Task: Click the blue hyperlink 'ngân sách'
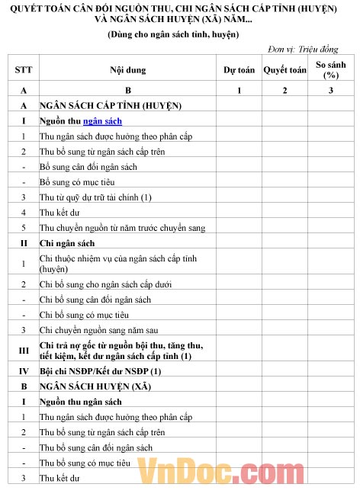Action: [x=102, y=121]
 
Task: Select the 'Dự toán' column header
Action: [x=239, y=70]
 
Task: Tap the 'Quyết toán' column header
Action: [x=284, y=70]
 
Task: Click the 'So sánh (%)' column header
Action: [x=330, y=70]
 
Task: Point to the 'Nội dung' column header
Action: [x=127, y=70]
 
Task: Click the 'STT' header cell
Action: [x=24, y=70]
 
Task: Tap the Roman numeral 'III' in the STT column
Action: [x=24, y=350]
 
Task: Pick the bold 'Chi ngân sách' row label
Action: [x=67, y=243]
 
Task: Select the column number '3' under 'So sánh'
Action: [x=330, y=91]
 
